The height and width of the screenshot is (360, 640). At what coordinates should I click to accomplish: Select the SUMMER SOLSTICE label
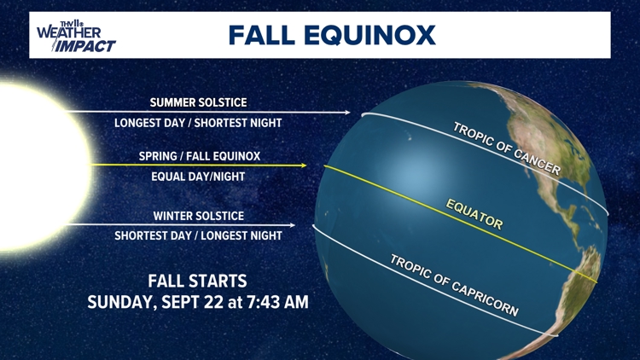(x=198, y=102)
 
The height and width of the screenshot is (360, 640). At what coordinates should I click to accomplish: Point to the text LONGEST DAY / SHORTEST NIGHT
(x=198, y=123)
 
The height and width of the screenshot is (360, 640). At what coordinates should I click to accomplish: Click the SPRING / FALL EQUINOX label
(x=199, y=156)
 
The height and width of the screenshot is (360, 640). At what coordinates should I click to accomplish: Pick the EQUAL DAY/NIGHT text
(x=199, y=177)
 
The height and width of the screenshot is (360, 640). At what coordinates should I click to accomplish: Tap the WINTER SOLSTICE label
(x=199, y=216)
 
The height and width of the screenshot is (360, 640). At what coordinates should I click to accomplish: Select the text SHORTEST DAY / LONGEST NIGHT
(x=198, y=235)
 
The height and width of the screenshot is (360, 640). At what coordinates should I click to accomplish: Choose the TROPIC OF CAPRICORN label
(x=454, y=286)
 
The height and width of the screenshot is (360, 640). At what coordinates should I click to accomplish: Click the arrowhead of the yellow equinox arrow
(x=303, y=165)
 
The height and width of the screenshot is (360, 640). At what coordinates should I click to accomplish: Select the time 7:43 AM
(x=278, y=302)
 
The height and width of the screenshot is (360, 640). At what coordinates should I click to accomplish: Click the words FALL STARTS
(x=198, y=281)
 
